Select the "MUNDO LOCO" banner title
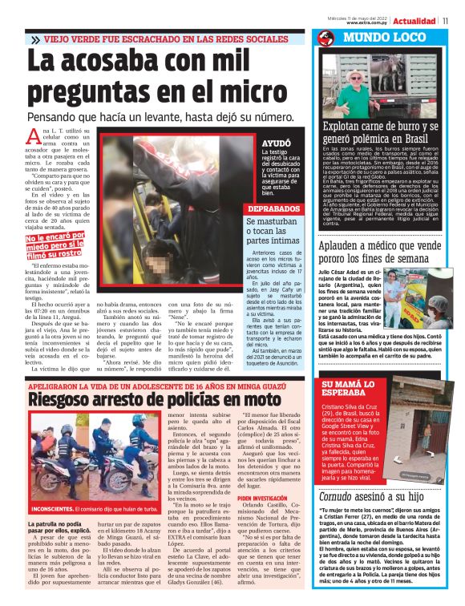coord(374,38)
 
